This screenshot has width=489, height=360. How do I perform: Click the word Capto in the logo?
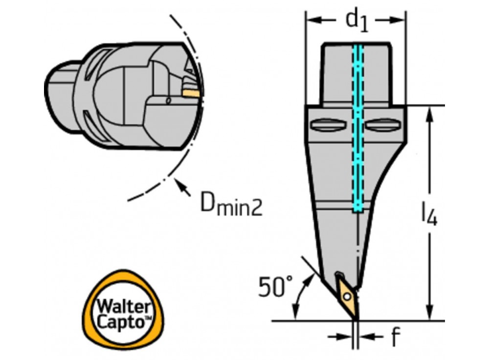click(120, 322)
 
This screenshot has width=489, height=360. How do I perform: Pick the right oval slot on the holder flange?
click(385, 125)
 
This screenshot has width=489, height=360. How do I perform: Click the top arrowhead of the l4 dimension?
click(429, 112)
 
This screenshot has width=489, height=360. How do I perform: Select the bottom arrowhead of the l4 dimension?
click(429, 315)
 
